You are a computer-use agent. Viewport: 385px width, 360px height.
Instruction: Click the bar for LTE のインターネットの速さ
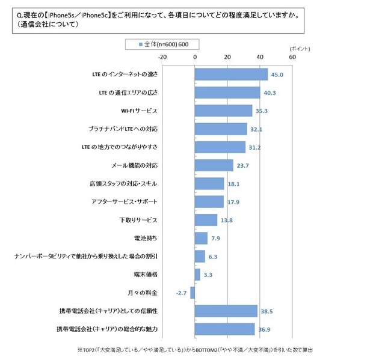click(231, 74)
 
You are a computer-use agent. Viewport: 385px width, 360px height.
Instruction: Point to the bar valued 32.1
click(221, 129)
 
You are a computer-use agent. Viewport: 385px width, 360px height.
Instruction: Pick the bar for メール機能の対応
click(214, 165)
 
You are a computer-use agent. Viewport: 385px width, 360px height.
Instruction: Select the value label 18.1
click(234, 184)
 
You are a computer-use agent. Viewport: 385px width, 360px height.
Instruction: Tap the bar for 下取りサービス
click(206, 220)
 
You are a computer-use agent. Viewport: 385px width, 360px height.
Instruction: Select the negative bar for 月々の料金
click(192, 293)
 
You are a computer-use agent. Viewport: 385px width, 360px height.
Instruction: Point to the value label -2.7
click(180, 293)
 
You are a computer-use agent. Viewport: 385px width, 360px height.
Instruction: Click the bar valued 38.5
click(226, 311)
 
